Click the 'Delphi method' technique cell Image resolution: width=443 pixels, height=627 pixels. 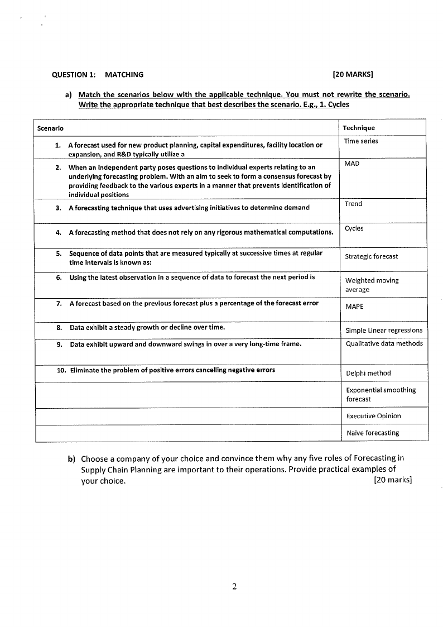point(368,373)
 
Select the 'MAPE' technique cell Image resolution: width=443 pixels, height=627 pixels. point(354,307)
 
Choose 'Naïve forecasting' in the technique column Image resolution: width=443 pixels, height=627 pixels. point(372,433)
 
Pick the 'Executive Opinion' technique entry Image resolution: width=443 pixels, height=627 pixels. point(373,416)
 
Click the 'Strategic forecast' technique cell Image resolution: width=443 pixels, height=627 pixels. point(372,256)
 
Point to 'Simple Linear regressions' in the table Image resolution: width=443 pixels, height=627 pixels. point(384,330)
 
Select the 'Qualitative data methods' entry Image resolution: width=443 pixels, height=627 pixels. point(384,343)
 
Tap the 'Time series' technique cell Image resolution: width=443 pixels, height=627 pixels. point(361,141)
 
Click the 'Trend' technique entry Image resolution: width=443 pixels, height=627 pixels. point(353,204)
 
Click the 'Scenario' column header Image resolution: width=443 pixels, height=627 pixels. point(50,128)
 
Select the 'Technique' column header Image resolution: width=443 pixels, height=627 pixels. point(359,128)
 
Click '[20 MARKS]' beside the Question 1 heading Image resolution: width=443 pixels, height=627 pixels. point(353,74)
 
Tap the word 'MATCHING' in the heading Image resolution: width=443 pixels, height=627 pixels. point(124,74)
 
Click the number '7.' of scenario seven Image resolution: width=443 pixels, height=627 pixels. point(59,303)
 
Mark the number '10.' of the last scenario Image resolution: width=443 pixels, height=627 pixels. point(62,370)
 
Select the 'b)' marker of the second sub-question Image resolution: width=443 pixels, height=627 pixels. point(71,459)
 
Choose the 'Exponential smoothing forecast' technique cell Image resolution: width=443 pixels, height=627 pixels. point(381,394)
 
